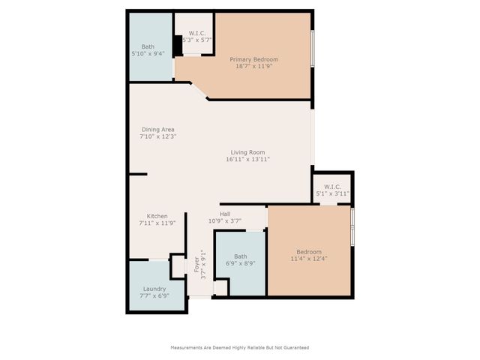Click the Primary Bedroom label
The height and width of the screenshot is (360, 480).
253,59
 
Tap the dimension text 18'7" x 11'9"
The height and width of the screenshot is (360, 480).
253,67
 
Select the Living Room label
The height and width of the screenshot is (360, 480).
247,152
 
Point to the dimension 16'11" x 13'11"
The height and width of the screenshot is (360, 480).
247,160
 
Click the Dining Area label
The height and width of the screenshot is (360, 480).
157,130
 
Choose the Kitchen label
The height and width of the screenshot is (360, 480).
157,216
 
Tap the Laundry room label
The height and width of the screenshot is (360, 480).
154,289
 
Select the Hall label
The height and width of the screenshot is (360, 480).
224,214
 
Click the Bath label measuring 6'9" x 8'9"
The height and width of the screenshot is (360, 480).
240,256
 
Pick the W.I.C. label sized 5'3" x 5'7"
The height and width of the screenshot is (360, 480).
197,34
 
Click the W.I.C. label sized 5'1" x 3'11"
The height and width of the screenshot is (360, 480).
332,187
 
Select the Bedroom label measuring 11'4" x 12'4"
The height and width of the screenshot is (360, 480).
308,251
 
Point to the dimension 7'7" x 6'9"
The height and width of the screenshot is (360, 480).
154,295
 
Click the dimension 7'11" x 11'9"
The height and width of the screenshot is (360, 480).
157,223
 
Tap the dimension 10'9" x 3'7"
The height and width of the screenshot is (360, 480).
224,220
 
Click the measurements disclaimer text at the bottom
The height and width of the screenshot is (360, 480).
240,347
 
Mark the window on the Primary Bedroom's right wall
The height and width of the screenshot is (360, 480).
312,49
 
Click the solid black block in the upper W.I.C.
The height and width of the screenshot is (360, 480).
178,46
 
